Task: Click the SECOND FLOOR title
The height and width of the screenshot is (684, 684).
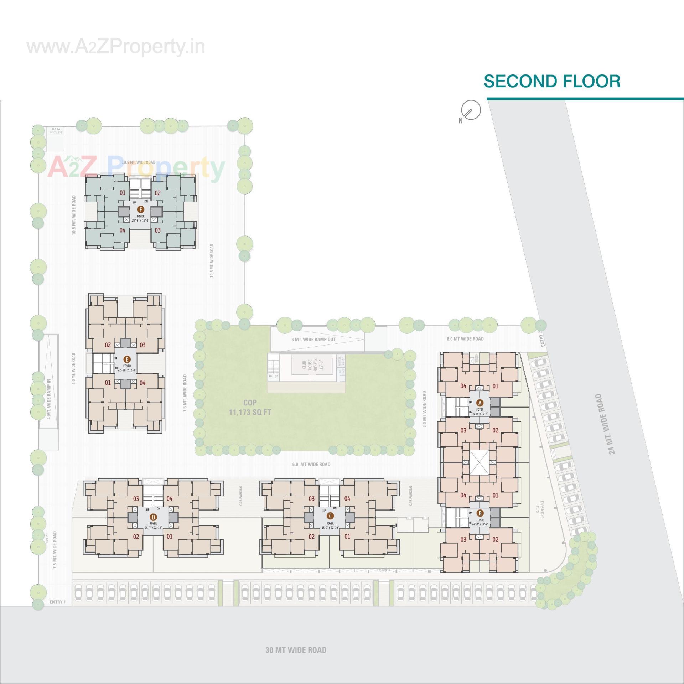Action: click(552, 81)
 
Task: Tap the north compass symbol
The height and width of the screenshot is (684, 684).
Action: click(470, 110)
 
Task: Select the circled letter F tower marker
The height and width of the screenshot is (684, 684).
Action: click(141, 209)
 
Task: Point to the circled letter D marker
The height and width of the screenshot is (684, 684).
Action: click(153, 517)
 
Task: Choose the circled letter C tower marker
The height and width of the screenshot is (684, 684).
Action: click(330, 516)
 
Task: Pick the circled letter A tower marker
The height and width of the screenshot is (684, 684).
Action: click(480, 403)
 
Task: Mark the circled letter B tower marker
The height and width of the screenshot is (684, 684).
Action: click(480, 513)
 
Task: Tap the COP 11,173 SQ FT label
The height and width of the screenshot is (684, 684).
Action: click(250, 407)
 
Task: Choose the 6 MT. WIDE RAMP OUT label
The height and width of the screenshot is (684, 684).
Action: click(313, 340)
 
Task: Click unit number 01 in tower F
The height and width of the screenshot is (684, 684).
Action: click(123, 193)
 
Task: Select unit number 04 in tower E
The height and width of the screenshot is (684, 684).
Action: click(142, 383)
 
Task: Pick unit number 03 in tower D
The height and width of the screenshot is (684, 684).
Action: click(136, 499)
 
